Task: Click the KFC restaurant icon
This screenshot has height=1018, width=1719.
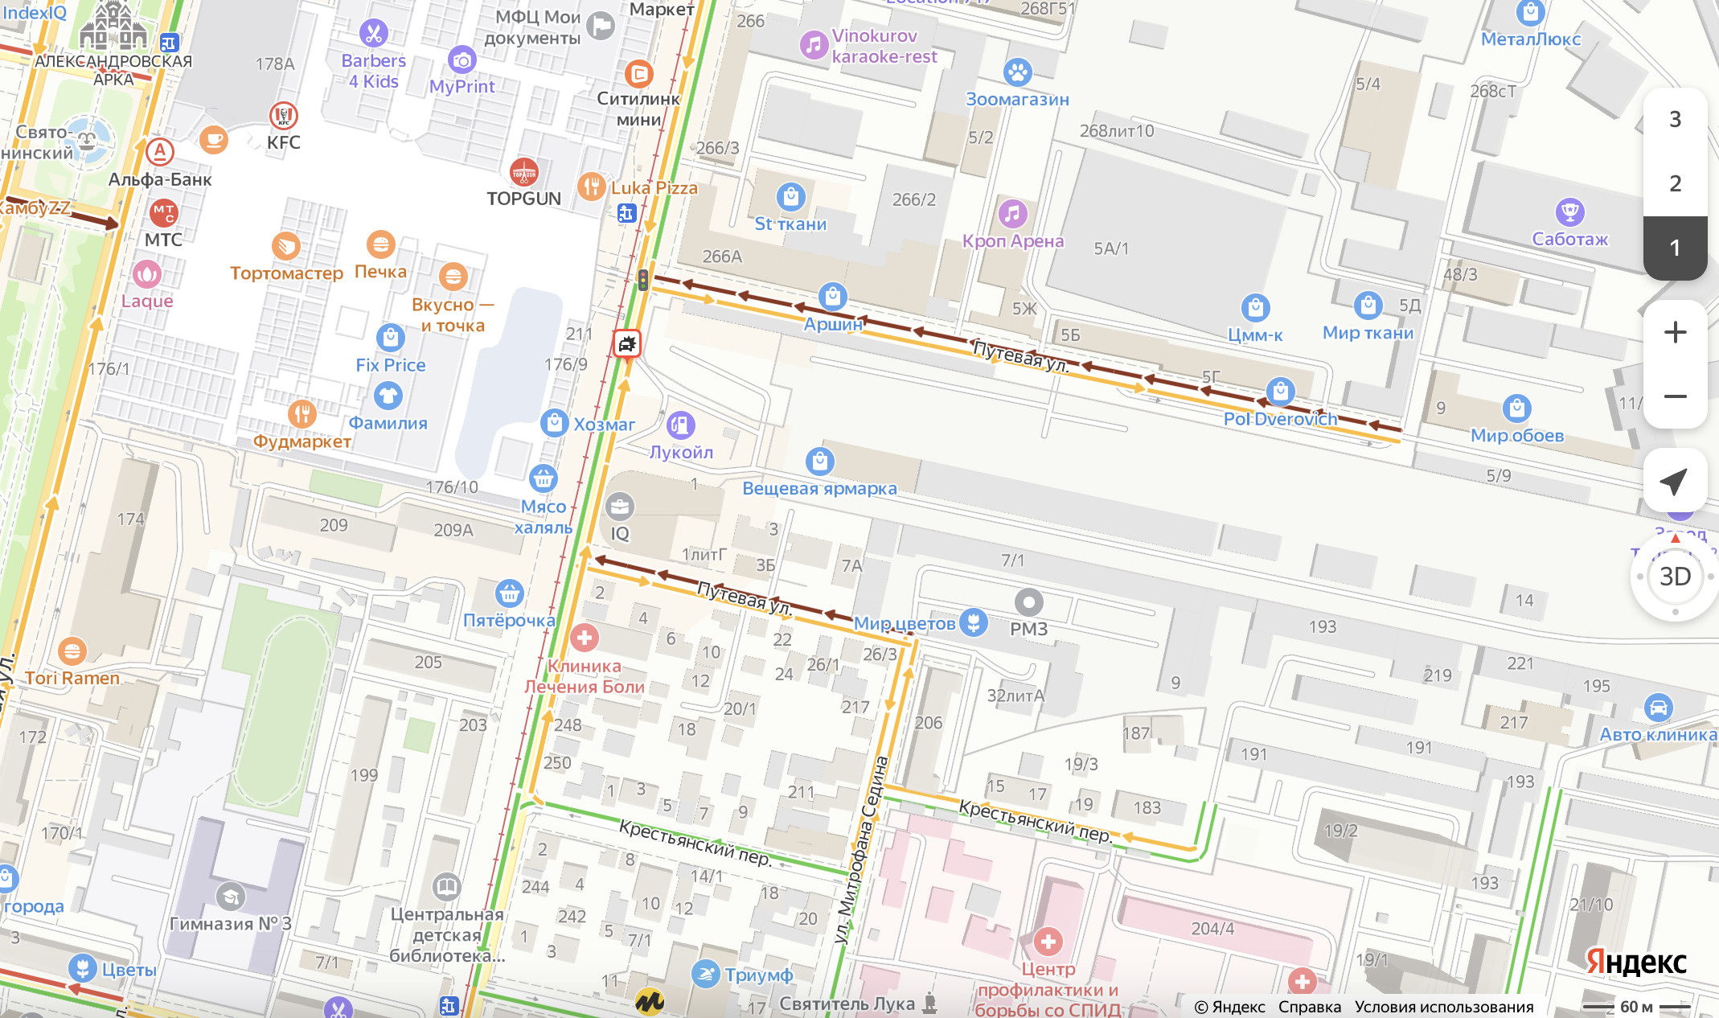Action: click(283, 116)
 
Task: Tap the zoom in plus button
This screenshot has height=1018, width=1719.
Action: click(1675, 332)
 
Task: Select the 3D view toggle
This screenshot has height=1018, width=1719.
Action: click(1675, 577)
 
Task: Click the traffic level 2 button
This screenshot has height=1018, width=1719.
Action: click(1675, 183)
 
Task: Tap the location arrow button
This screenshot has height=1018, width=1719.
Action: click(1675, 481)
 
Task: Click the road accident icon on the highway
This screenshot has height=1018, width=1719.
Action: click(626, 344)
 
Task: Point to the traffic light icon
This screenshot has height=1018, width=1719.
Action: click(642, 279)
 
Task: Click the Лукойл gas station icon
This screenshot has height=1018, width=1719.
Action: click(680, 425)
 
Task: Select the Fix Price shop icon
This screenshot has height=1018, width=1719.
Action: click(390, 337)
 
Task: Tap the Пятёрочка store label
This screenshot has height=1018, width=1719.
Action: click(509, 620)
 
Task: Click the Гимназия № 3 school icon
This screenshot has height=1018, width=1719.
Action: click(230, 896)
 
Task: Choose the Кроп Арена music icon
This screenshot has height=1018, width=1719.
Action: click(1012, 214)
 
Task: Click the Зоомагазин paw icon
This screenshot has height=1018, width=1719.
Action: click(1017, 72)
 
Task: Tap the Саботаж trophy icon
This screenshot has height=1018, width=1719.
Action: click(1569, 212)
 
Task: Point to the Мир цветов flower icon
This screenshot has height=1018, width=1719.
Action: click(974, 622)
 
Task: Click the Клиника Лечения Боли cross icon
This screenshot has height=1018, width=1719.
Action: click(584, 638)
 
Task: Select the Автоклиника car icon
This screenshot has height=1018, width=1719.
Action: click(1658, 708)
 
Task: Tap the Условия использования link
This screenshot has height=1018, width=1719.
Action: click(1444, 1007)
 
